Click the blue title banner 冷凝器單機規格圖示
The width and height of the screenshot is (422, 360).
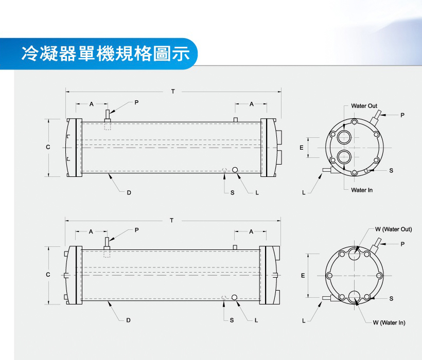[98, 54]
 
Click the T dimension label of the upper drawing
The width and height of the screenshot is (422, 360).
[173, 92]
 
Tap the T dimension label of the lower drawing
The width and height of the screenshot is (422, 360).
[172, 221]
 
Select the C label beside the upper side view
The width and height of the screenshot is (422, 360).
[48, 147]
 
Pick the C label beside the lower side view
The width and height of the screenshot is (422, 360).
[48, 275]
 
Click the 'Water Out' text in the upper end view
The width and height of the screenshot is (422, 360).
[364, 106]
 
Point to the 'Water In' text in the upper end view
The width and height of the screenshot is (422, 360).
[362, 190]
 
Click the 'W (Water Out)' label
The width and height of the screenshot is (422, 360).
[394, 229]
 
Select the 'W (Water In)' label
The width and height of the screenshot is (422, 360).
[389, 322]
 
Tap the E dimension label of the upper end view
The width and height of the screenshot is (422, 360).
[302, 147]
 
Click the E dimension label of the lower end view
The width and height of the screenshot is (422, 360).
[303, 276]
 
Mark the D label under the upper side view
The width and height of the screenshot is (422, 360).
[129, 192]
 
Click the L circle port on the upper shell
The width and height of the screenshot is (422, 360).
[235, 170]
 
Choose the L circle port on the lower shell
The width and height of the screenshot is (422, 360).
[234, 297]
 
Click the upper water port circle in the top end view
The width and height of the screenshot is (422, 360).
[344, 137]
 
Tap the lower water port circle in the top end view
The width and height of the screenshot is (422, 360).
[344, 157]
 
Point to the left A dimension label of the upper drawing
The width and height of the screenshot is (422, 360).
[92, 104]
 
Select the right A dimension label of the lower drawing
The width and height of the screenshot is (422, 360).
[251, 231]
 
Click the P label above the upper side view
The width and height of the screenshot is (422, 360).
[136, 102]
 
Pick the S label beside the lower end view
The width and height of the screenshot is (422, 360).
[391, 298]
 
